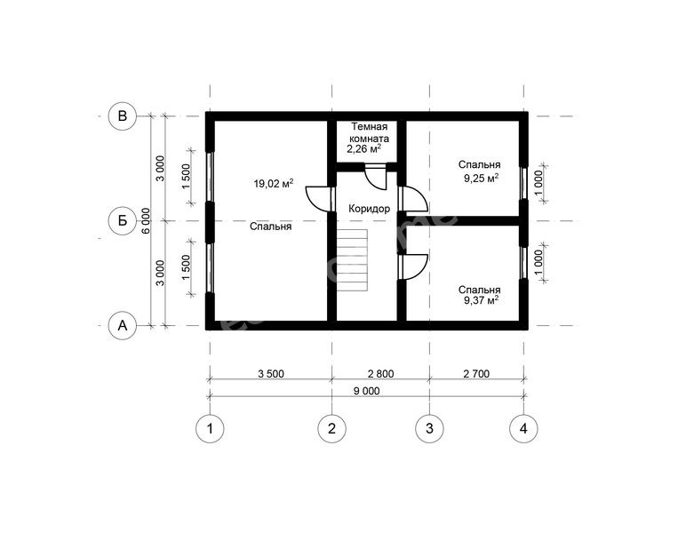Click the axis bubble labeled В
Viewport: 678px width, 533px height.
[x=123, y=116]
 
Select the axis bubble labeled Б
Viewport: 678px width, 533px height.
[x=123, y=220]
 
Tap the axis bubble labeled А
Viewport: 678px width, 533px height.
[x=123, y=325]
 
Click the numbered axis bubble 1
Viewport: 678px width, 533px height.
[x=210, y=429]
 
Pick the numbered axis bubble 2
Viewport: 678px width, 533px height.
[x=332, y=429]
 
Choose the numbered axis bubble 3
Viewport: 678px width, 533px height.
[x=429, y=429]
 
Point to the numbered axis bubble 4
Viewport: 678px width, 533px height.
[x=523, y=429]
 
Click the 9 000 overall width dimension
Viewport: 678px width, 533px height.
[x=367, y=391]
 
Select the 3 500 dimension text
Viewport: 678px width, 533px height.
[x=271, y=374]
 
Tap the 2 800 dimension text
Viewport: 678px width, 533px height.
[x=381, y=374]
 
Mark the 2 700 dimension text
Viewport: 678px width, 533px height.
[x=476, y=374]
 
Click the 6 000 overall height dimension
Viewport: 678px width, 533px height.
[x=147, y=221]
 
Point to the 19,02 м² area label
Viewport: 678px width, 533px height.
[x=274, y=184]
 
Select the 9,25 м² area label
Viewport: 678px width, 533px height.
[x=481, y=178]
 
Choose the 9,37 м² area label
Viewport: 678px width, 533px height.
[x=481, y=300]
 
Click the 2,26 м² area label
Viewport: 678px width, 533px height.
[x=363, y=149]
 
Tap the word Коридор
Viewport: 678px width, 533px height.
[x=370, y=209]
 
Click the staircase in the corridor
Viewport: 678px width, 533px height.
[x=353, y=261]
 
